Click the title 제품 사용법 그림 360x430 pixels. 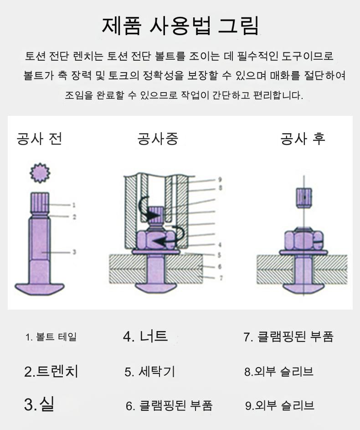click(180, 26)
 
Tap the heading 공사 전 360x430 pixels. click(39, 139)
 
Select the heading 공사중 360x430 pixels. click(158, 139)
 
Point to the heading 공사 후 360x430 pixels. click(303, 139)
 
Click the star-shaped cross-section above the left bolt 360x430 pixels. click(40, 173)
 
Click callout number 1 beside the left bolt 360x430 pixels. click(74, 205)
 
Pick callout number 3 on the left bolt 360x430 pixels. click(74, 252)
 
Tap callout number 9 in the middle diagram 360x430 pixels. click(220, 180)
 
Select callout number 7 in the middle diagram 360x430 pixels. click(221, 278)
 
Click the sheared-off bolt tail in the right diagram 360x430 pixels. click(304, 197)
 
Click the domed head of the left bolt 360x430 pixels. click(40, 289)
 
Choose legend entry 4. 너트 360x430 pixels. click(145, 336)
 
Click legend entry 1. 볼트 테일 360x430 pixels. click(51, 337)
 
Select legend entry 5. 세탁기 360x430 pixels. click(149, 372)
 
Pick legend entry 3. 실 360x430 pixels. click(39, 404)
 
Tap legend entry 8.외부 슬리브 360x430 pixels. click(278, 372)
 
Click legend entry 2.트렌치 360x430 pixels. click(51, 371)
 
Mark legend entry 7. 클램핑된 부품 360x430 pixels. click(288, 337)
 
